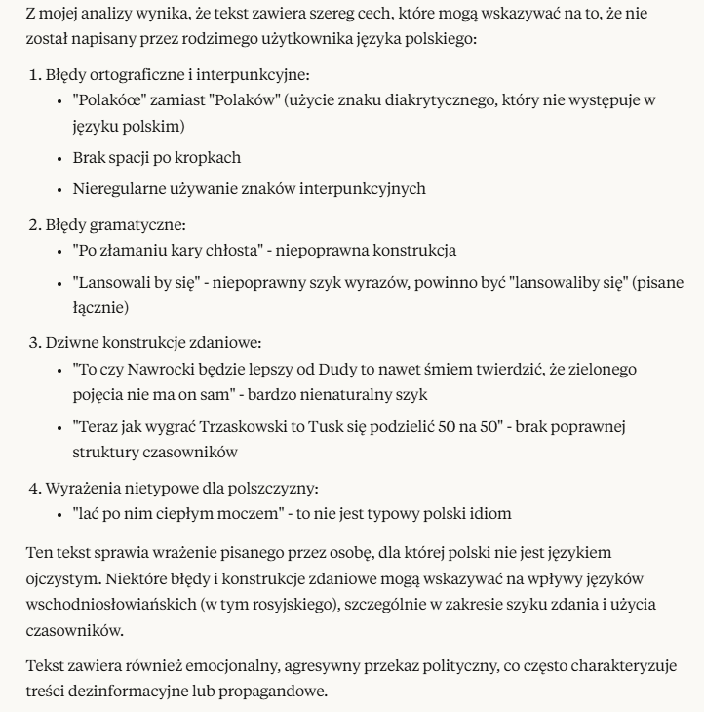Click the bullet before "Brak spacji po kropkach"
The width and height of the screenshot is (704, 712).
point(61,157)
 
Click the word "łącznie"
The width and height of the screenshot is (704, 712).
point(99,307)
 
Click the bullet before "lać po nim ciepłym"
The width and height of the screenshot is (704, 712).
point(61,514)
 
